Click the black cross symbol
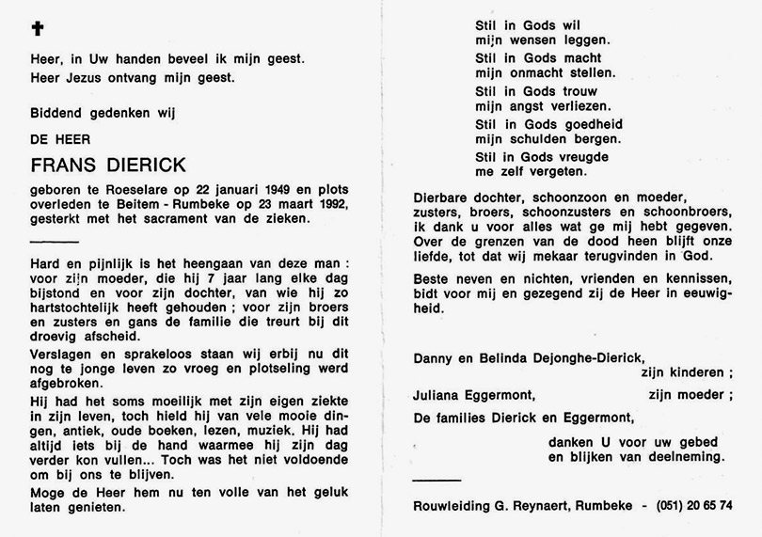(x=38, y=30)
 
